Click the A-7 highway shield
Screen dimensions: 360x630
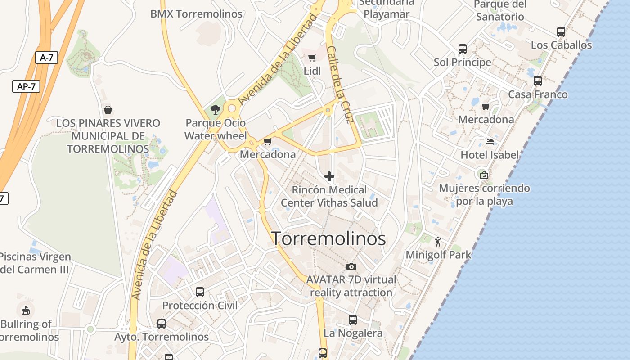pos(46,57)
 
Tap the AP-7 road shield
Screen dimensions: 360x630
pos(26,86)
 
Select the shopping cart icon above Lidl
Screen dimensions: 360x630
pos(312,58)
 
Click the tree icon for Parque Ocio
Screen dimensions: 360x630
pos(216,109)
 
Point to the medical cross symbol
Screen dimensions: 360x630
pos(329,176)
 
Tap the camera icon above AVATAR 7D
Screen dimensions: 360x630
pos(351,266)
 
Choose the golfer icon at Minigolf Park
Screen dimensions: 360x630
pos(438,242)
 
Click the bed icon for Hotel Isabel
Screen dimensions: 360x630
pos(490,142)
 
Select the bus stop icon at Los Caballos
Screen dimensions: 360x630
pos(561,32)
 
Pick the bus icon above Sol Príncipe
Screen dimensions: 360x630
pos(462,49)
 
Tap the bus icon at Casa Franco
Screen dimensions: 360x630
pos(537,81)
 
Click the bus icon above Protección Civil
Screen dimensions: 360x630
pos(200,292)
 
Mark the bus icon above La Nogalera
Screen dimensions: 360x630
pos(353,320)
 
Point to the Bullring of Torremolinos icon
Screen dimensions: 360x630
pos(26,310)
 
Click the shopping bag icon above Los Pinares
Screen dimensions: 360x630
pos(108,110)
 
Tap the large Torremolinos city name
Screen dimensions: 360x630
pos(328,238)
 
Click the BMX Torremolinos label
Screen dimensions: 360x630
pos(196,14)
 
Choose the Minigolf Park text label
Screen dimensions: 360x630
pos(438,255)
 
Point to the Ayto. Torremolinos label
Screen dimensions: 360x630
pos(162,337)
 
